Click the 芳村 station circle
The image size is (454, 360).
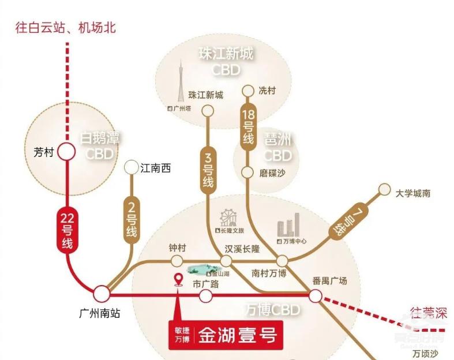66,152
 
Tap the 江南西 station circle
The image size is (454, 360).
132,168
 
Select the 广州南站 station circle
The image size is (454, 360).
102,294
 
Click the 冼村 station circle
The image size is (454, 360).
247,91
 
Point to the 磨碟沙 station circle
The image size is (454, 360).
247,172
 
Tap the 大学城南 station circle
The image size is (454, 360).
385,189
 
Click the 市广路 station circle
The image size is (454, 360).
205,297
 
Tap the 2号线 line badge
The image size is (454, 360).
131,218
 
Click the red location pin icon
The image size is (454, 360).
179,280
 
